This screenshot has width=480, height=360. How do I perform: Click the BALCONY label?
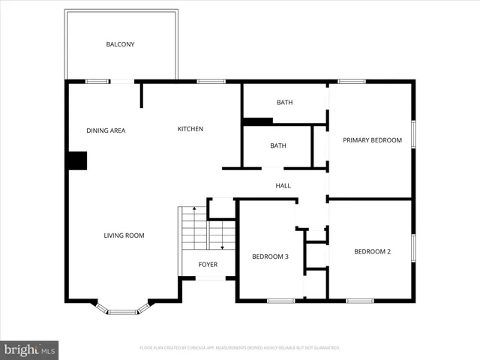pyautogui.click(x=120, y=44)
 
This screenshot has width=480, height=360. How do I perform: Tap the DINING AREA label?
pyautogui.click(x=106, y=130)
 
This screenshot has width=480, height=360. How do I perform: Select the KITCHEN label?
pyautogui.click(x=190, y=129)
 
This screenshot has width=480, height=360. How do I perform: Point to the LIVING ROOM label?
pyautogui.click(x=124, y=235)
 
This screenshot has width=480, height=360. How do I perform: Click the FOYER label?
pyautogui.click(x=208, y=265)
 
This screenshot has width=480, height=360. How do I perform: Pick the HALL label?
pyautogui.click(x=283, y=186)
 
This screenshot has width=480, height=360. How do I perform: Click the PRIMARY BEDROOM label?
pyautogui.click(x=372, y=140)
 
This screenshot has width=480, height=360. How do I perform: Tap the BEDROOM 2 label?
pyautogui.click(x=372, y=251)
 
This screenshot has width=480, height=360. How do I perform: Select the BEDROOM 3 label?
pyautogui.click(x=270, y=256)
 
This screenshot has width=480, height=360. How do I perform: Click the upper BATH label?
pyautogui.click(x=284, y=103)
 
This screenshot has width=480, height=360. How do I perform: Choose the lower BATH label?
pyautogui.click(x=278, y=145)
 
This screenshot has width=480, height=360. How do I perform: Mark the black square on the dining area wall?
pyautogui.click(x=77, y=160)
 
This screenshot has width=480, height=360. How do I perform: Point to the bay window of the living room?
pyautogui.click(x=122, y=310)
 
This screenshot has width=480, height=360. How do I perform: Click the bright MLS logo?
pyautogui.click(x=30, y=349)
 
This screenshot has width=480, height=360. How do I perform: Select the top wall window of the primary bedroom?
pyautogui.click(x=351, y=81)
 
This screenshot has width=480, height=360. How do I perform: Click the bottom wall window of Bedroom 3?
pyautogui.click(x=280, y=301)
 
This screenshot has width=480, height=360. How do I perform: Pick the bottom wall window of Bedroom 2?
pyautogui.click(x=360, y=301)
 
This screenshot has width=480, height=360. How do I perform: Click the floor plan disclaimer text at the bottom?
pyautogui.click(x=240, y=348)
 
